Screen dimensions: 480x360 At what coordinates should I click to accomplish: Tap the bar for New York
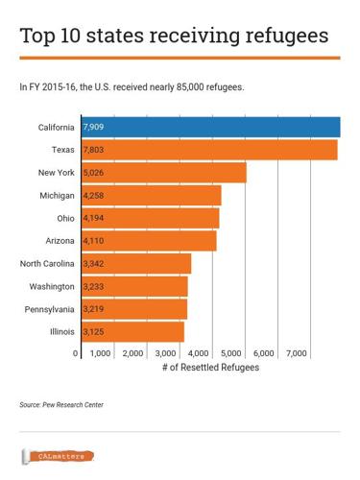(164, 173)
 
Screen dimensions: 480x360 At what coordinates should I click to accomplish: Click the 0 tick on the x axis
(76, 354)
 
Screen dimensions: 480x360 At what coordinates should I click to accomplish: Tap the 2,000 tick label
(133, 354)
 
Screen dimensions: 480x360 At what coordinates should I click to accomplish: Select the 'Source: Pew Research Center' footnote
(61, 405)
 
